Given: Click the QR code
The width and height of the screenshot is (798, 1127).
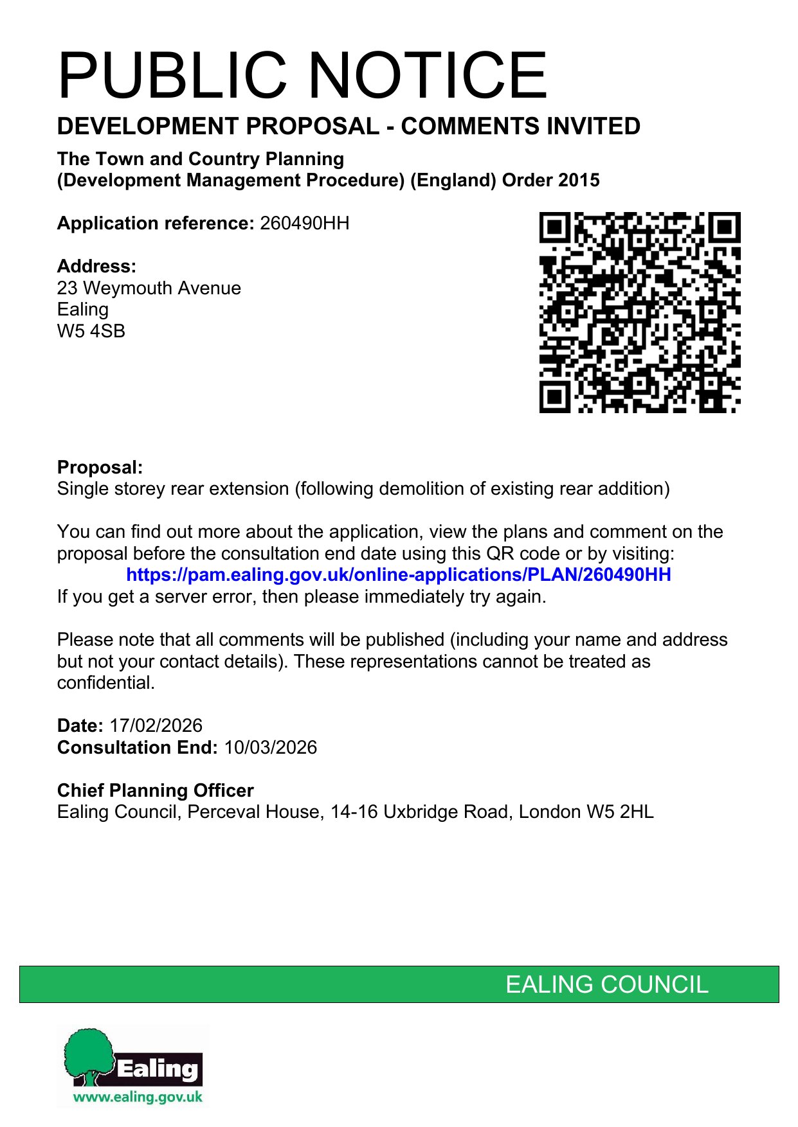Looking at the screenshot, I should tap(639, 312).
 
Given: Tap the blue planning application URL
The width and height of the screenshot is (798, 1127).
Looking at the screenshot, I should tap(399, 574).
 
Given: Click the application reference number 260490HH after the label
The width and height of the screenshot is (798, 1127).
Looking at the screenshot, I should tap(304, 224).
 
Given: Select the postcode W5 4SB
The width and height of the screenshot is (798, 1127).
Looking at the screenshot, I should tap(91, 332).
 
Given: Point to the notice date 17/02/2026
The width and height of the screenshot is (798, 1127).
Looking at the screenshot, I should tap(156, 726).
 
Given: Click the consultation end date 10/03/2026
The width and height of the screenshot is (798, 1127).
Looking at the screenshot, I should tap(270, 748).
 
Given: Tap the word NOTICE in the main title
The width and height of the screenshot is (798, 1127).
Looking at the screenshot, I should tap(428, 76).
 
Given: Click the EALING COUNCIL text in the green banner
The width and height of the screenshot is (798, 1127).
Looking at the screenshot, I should tap(606, 984).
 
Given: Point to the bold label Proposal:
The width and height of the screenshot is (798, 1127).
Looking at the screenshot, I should tap(100, 468).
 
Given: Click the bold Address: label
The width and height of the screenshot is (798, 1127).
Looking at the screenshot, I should tap(96, 267).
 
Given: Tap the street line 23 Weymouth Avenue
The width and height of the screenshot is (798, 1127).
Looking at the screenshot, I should tap(149, 288).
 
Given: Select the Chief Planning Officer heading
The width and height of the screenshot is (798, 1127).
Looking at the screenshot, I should tap(155, 791).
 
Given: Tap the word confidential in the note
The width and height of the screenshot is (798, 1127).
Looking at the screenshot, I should tap(105, 683).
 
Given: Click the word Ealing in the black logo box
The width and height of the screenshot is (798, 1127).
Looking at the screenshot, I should tap(158, 1069).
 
